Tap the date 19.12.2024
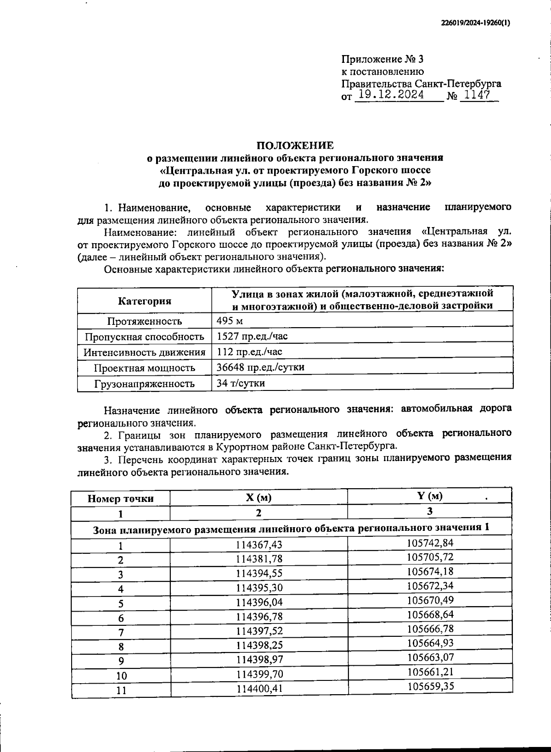391,95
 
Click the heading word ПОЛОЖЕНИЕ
295,145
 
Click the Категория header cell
145,301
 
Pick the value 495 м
230,320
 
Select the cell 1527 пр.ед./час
252,336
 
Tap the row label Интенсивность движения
144,352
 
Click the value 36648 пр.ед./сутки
260,367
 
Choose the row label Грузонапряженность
144,384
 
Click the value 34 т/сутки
241,383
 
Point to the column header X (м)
259,498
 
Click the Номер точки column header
121,499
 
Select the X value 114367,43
259,545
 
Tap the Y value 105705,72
430,557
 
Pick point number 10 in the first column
121,675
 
